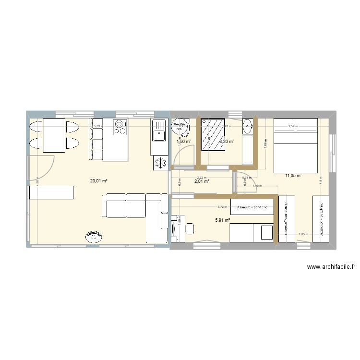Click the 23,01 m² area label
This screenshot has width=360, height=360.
click(x=98, y=181)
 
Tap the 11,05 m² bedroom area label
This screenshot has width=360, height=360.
click(x=293, y=176)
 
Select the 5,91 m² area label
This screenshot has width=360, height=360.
click(x=223, y=220)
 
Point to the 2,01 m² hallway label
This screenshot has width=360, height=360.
click(x=202, y=181)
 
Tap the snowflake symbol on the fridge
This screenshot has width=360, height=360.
click(x=159, y=163)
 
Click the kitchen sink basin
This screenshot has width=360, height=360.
click(x=158, y=132)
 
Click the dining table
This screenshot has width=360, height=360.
click(x=54, y=136)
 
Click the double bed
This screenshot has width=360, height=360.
click(x=295, y=145)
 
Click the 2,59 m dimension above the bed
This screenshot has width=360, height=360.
click(x=293, y=127)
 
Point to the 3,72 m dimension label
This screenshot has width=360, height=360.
click(x=221, y=207)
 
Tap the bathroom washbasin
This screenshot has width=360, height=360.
click(x=248, y=127)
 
